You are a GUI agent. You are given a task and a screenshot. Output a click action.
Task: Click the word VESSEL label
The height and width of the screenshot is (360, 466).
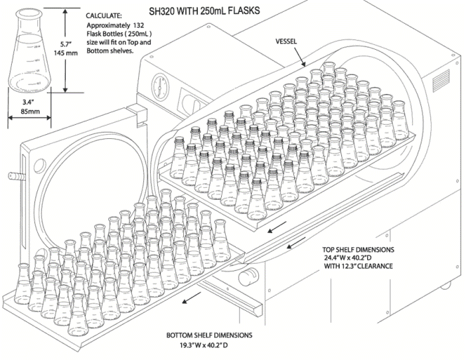click(x=287, y=41)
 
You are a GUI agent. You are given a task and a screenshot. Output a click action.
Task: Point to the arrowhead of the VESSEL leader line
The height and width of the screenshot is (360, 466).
click(x=305, y=66)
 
